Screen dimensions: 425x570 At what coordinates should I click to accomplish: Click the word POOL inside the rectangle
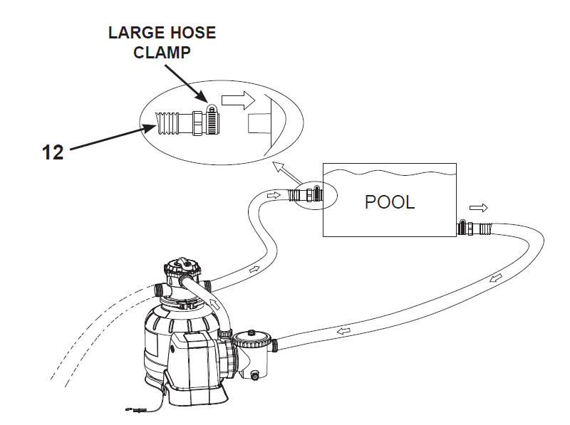pos(389,202)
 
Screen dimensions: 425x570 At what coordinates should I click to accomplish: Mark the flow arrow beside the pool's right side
pos(478,208)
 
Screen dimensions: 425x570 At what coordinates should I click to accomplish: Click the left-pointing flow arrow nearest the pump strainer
pos(343,330)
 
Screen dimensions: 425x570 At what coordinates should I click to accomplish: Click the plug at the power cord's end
pos(133,409)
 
